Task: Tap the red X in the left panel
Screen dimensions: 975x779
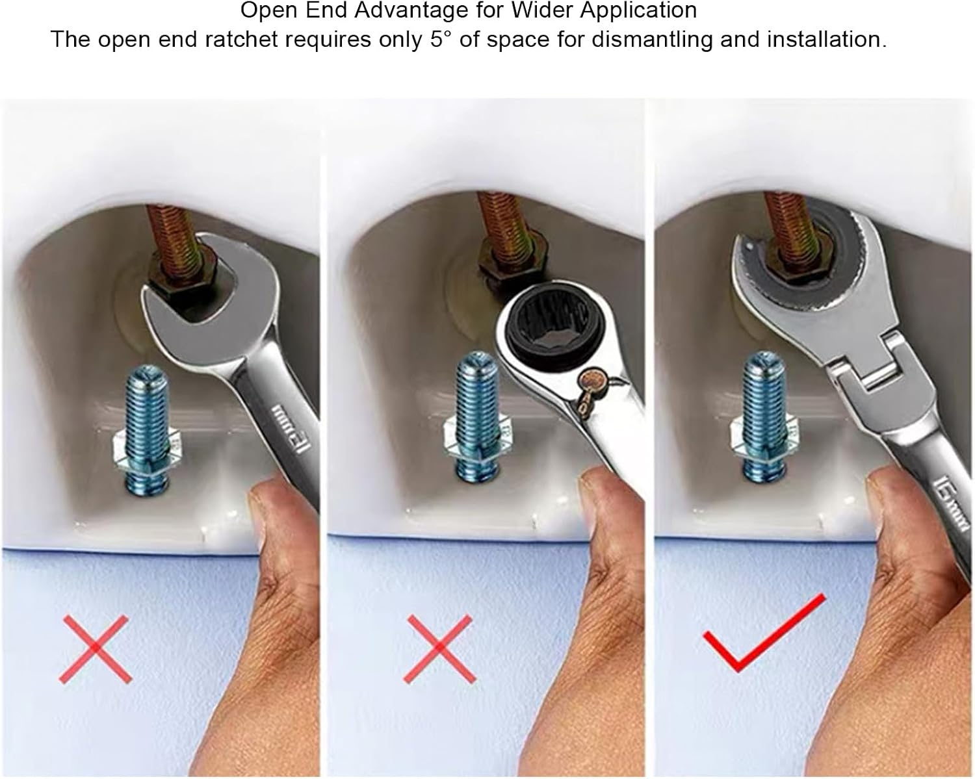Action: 96,648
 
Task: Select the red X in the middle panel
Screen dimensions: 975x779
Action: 439,648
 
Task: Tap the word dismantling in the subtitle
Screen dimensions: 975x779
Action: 653,40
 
